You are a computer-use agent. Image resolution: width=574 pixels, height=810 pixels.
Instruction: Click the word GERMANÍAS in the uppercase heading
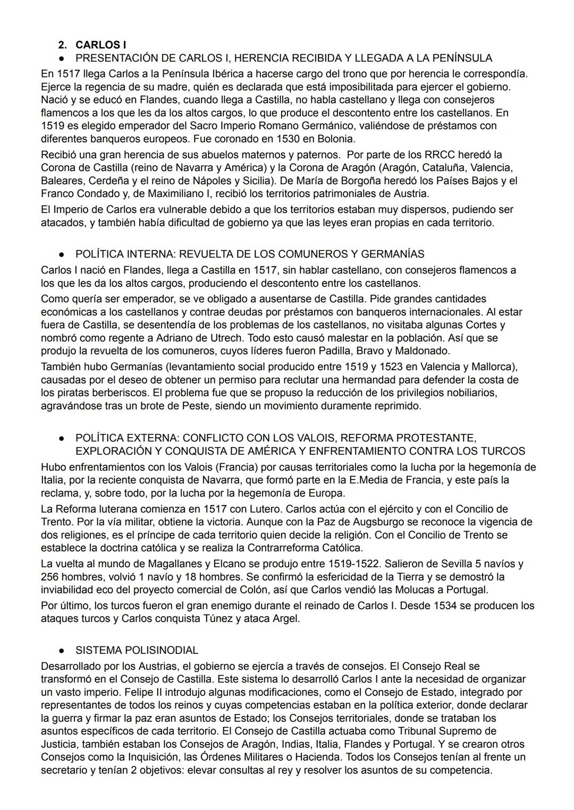click(x=393, y=254)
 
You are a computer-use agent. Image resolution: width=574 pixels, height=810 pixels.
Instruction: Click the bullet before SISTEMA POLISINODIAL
click(x=62, y=650)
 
